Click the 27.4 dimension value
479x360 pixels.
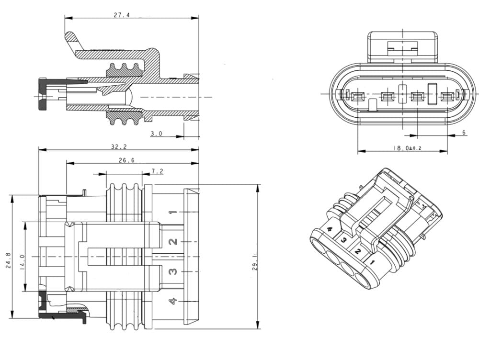(122, 15)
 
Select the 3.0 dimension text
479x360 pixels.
(157, 134)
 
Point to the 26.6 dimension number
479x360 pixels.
(126, 160)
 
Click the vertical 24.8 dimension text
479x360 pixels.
(9, 260)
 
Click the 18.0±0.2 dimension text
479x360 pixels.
(407, 148)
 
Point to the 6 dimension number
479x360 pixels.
(464, 133)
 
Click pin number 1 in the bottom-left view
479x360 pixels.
(173, 212)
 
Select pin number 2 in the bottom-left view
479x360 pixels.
(173, 242)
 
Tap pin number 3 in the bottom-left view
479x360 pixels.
(173, 271)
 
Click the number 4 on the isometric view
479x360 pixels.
(330, 230)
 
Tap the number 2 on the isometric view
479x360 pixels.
(357, 251)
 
